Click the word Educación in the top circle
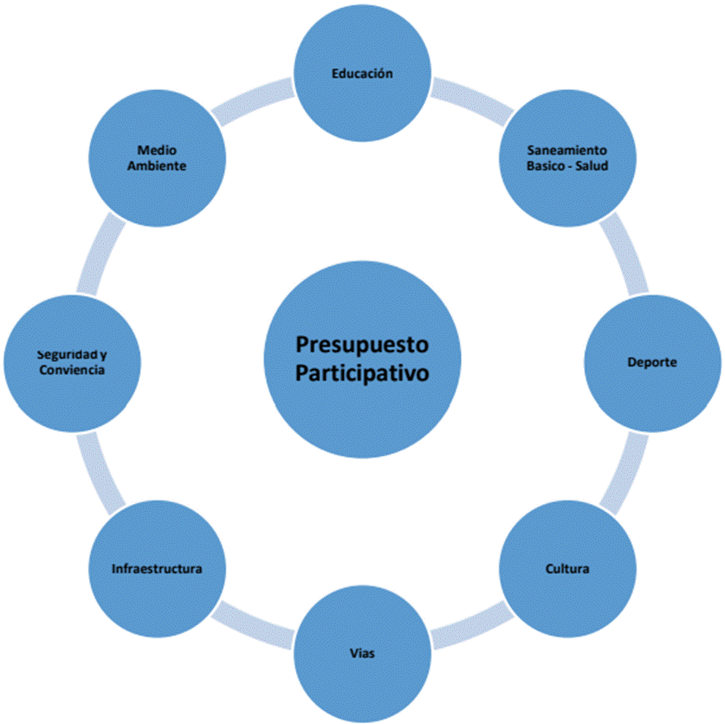[x=362, y=74]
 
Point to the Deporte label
[x=652, y=361]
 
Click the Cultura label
[x=567, y=569]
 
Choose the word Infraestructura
[x=157, y=569]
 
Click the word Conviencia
[x=72, y=370]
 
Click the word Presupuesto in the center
[x=362, y=346]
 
